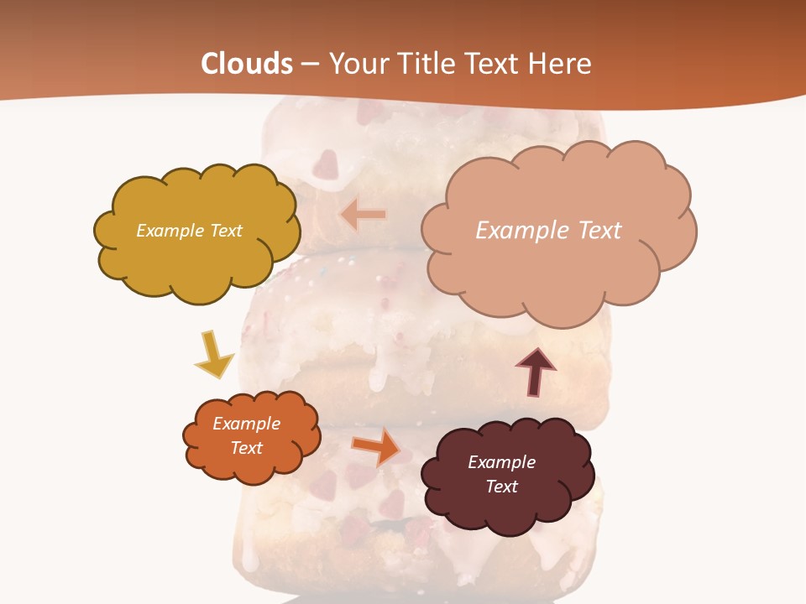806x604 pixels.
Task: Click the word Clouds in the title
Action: pyautogui.click(x=247, y=64)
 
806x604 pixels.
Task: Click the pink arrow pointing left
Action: pyautogui.click(x=363, y=215)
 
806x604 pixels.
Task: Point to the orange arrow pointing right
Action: pyautogui.click(x=376, y=446)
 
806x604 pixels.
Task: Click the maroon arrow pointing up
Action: pyautogui.click(x=536, y=372)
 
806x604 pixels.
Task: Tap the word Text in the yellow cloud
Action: pyautogui.click(x=226, y=231)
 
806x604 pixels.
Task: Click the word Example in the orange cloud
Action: pyautogui.click(x=247, y=424)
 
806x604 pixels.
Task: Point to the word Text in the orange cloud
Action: pyautogui.click(x=247, y=448)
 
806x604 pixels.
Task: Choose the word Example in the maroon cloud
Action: pyautogui.click(x=502, y=462)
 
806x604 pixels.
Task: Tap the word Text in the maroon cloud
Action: pyautogui.click(x=502, y=487)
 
